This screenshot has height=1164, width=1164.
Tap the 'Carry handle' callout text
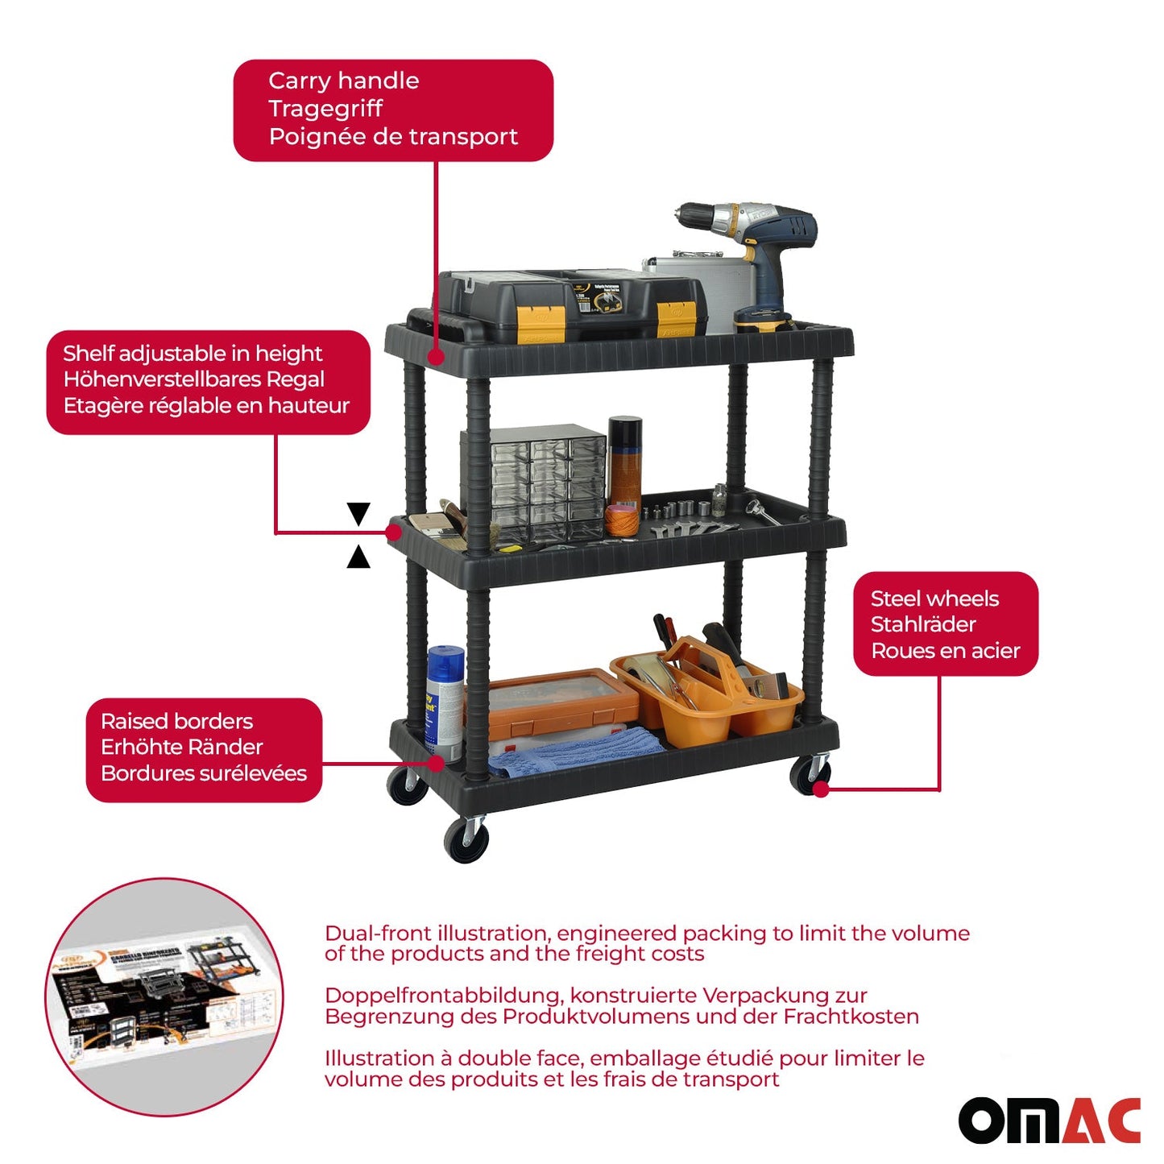tap(343, 81)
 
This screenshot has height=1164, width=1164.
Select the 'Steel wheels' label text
tap(934, 599)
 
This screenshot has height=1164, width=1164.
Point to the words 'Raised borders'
tap(176, 721)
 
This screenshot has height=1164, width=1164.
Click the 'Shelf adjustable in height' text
tap(193, 354)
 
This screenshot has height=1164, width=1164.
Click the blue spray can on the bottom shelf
tap(444, 701)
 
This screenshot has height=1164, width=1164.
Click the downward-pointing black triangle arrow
tap(358, 513)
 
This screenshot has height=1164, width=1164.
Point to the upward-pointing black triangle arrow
tap(358, 557)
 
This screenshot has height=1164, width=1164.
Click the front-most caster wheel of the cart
tap(466, 840)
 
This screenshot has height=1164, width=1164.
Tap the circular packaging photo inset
tap(164, 996)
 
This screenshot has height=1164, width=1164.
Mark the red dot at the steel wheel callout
tap(821, 789)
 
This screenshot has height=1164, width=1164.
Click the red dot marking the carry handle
tap(436, 355)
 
